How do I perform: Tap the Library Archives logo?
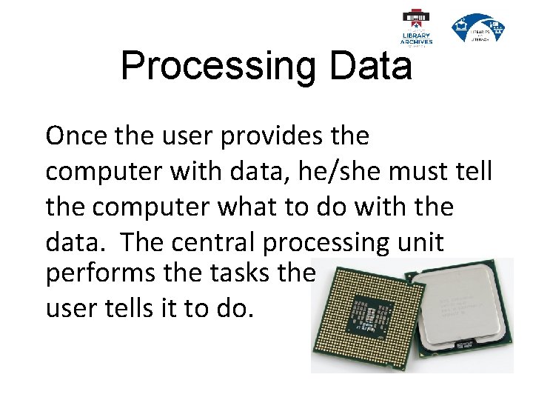pos(417,28)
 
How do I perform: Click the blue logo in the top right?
pos(478,28)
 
